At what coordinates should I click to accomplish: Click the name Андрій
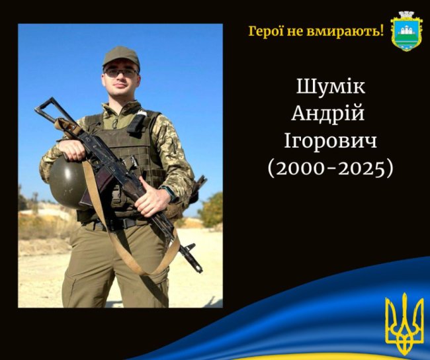pos(328,113)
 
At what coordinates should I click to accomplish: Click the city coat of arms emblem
pos(406,30)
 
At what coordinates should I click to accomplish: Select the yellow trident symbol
pos(404,324)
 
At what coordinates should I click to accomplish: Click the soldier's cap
pos(121,56)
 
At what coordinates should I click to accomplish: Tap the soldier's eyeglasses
pos(121,71)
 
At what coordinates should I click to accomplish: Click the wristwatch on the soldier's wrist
pos(170,193)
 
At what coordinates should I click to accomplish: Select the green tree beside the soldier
pos(211,210)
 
